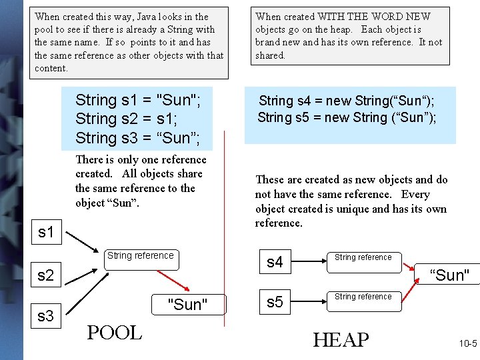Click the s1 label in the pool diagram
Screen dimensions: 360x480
45,233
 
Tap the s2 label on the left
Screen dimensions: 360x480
45,275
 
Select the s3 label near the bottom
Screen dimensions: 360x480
45,316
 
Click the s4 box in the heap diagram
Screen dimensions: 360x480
275,262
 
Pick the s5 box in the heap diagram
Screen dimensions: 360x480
275,302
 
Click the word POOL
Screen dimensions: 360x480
114,333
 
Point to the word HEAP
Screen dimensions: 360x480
340,339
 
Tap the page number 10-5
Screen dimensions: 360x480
467,344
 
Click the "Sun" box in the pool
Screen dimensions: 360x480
187,305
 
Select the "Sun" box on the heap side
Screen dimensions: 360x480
450,275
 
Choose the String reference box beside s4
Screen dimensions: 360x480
363,261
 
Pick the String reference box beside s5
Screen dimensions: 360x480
363,301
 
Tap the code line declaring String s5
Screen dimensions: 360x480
347,118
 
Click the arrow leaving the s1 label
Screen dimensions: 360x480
83,242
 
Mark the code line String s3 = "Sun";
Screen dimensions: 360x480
137,138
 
